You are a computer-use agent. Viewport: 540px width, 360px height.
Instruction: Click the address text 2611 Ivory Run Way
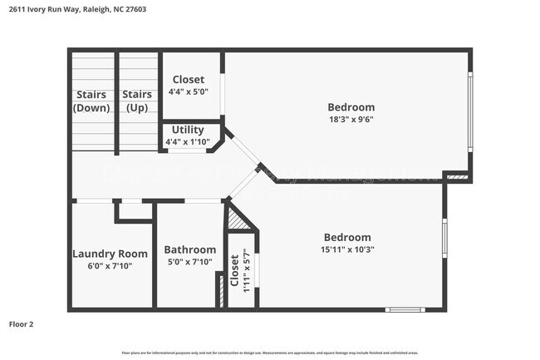73,10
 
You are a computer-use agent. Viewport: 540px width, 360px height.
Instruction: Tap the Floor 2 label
22,324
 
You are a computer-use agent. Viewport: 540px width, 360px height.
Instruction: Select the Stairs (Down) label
91,101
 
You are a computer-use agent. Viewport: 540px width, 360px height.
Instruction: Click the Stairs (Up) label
137,101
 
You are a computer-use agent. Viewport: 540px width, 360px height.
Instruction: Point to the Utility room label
188,131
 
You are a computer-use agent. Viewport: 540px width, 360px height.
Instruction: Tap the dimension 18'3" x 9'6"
351,120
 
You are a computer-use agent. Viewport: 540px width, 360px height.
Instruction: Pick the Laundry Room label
110,254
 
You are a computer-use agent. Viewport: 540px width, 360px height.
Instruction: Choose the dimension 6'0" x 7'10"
110,266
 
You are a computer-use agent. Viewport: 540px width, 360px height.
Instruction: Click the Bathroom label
189,249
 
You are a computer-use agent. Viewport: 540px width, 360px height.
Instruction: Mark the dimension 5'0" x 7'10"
189,263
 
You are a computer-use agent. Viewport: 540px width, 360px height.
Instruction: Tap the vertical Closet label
235,271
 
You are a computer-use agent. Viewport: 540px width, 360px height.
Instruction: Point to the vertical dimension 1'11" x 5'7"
246,271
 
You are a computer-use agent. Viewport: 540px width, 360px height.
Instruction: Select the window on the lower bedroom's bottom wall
405,310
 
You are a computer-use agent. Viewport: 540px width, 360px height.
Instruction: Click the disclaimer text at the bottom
269,353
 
